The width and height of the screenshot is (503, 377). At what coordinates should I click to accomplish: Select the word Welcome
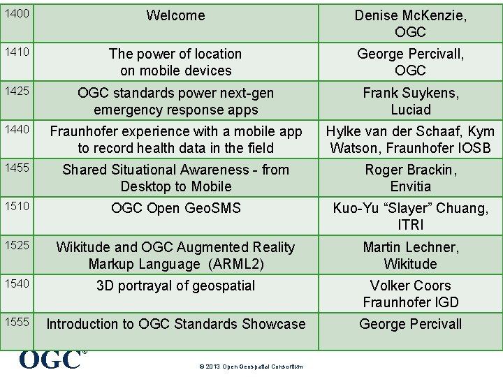175,15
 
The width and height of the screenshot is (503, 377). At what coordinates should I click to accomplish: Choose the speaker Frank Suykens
410,93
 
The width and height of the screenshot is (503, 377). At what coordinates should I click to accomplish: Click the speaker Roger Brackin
410,170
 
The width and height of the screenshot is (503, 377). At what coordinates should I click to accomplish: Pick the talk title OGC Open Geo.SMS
175,208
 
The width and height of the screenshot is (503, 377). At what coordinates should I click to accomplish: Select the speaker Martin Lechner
410,247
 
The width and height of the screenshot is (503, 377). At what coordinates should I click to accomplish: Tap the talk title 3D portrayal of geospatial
175,286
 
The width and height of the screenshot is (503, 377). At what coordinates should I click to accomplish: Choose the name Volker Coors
410,286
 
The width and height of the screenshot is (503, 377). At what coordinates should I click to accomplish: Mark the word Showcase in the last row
273,324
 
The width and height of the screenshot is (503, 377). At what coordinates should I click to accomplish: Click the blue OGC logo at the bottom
50,360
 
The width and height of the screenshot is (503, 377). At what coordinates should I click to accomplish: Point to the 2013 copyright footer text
251,367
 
